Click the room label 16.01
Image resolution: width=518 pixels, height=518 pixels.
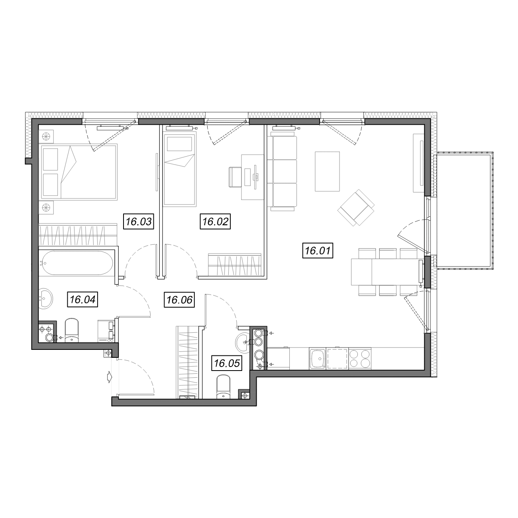[x=318, y=251]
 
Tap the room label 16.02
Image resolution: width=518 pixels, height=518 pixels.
[x=215, y=222]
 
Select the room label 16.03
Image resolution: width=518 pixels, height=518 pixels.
[x=139, y=222]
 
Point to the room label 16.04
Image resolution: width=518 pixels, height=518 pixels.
[x=82, y=299]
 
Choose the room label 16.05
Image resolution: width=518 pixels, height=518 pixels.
[x=227, y=363]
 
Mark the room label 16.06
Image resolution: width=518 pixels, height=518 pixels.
[x=179, y=300]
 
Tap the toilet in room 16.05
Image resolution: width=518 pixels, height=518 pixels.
[x=223, y=387]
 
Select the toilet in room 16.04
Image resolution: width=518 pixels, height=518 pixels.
[x=72, y=330]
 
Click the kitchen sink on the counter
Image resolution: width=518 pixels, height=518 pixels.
[x=318, y=358]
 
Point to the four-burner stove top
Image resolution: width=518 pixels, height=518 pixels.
[x=360, y=358]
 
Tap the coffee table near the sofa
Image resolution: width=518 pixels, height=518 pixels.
[x=327, y=171]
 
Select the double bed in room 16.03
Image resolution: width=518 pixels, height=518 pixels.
[x=78, y=172]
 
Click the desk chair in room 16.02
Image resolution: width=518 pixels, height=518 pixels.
[x=235, y=177]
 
